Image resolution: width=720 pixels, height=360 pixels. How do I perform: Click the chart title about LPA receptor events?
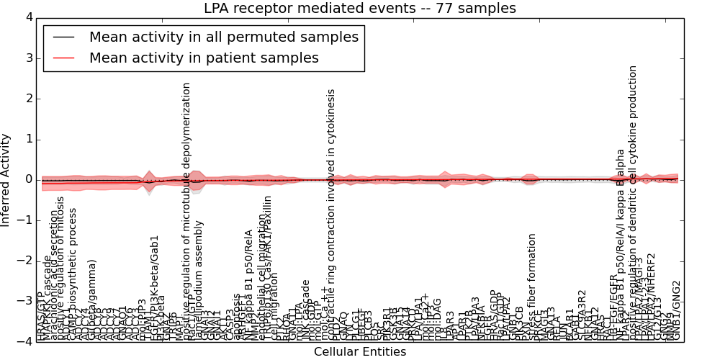359,9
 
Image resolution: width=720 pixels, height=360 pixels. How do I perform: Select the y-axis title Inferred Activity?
6,179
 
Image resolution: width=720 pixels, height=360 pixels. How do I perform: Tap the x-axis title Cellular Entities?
359,352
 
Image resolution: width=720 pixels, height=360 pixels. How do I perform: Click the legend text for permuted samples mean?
224,37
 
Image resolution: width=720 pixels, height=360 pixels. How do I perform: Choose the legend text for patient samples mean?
204,58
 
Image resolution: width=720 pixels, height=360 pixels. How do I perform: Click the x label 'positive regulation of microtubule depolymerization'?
186,209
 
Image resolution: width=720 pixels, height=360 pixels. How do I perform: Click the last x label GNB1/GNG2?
676,310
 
